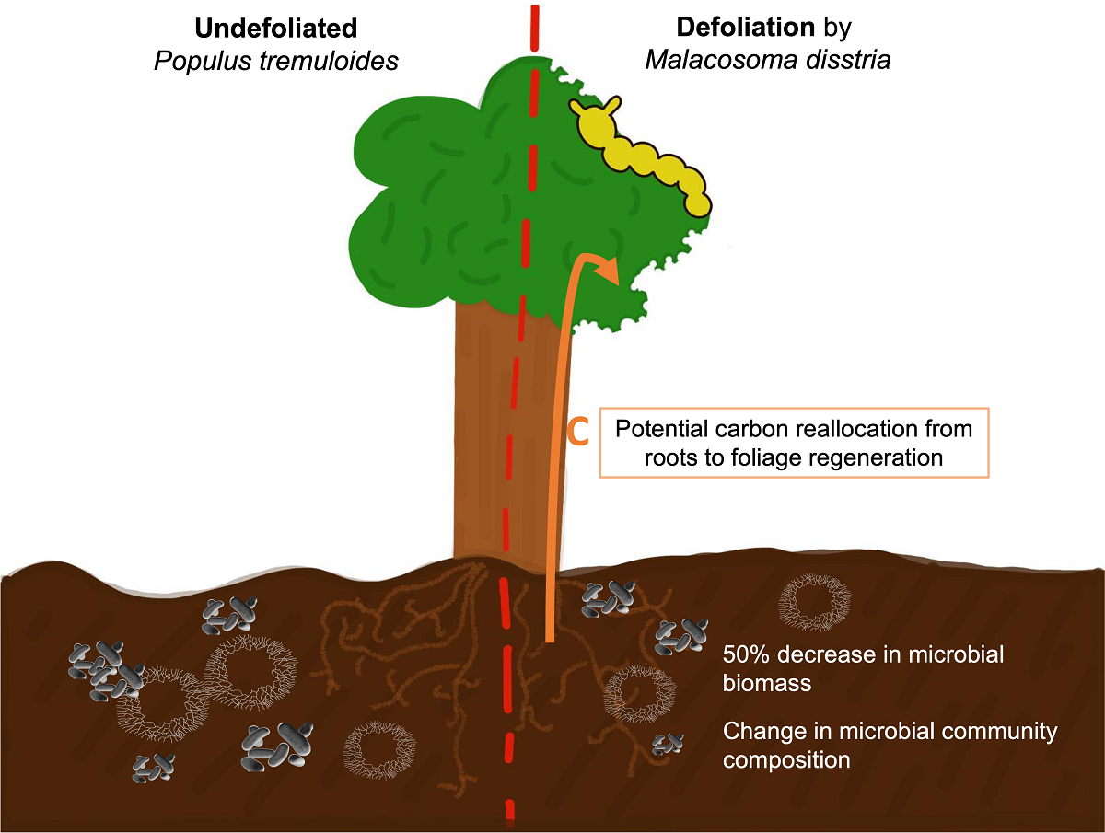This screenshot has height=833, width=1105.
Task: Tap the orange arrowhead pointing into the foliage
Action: [608, 272]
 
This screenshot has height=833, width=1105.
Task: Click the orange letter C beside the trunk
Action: [577, 433]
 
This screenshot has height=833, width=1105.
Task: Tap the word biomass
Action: [769, 683]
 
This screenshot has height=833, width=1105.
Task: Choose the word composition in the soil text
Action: [785, 760]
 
